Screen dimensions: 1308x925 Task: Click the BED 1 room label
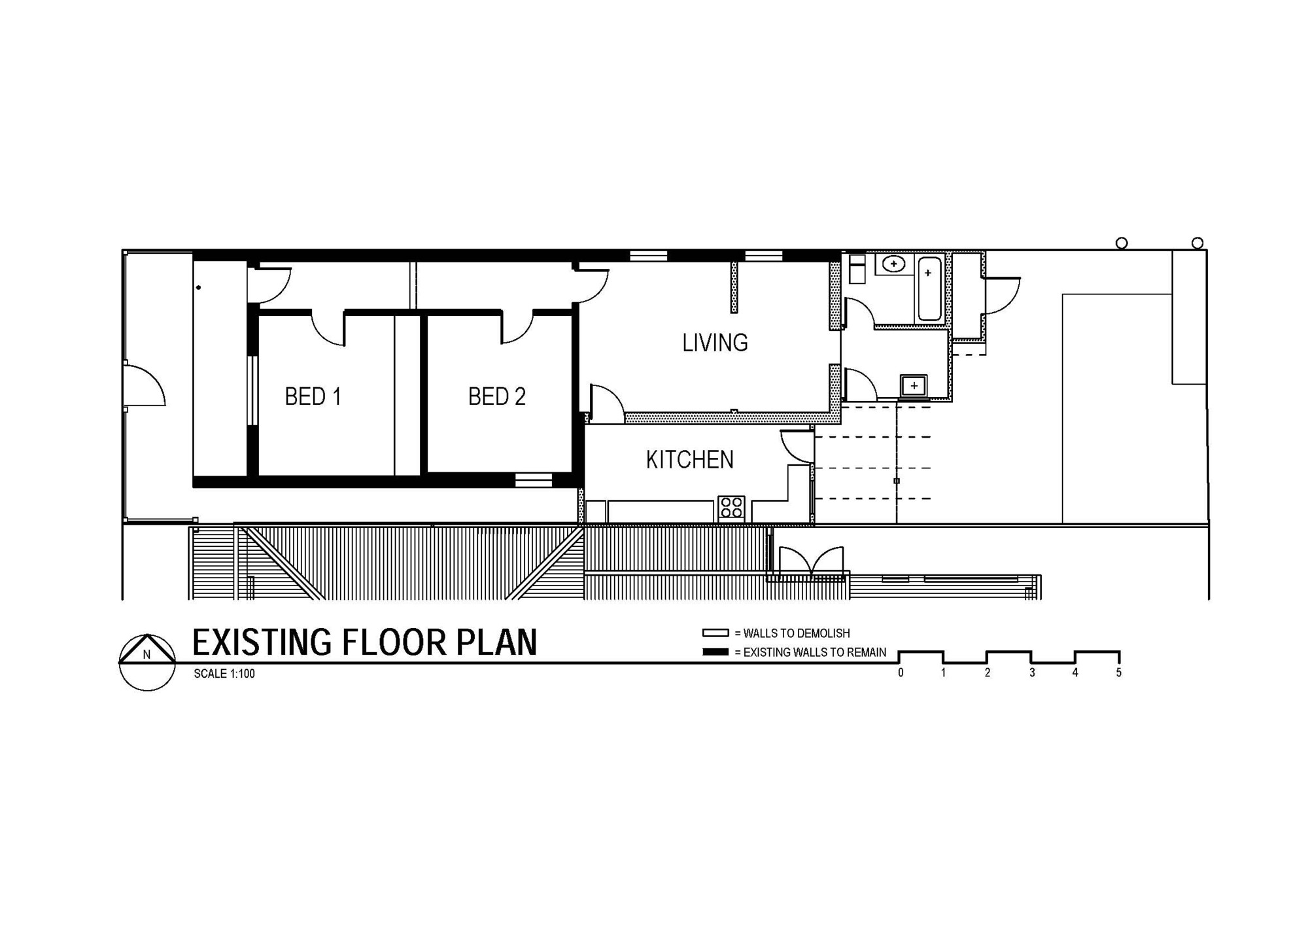pyautogui.click(x=313, y=396)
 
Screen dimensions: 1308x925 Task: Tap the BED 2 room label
pyautogui.click(x=497, y=396)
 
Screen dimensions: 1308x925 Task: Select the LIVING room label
pyautogui.click(x=715, y=343)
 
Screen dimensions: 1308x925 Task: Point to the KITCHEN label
pyautogui.click(x=690, y=460)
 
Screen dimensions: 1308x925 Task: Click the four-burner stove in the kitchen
pyautogui.click(x=731, y=508)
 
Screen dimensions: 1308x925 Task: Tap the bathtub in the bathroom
pyautogui.click(x=929, y=288)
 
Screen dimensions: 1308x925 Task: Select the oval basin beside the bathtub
pyautogui.click(x=893, y=264)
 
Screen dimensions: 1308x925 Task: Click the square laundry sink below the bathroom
pyautogui.click(x=914, y=385)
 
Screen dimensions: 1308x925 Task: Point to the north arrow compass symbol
pyautogui.click(x=147, y=662)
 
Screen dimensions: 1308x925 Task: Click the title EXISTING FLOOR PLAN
pyautogui.click(x=364, y=642)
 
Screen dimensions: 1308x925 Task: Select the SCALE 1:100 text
pyautogui.click(x=224, y=674)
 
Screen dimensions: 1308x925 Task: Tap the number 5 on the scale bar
pyautogui.click(x=1119, y=672)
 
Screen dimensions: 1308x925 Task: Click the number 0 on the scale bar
pyautogui.click(x=901, y=672)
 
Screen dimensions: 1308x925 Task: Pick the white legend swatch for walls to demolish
pyautogui.click(x=715, y=633)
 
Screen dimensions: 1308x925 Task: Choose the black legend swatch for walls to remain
pyautogui.click(x=715, y=652)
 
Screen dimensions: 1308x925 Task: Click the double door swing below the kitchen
pyautogui.click(x=811, y=561)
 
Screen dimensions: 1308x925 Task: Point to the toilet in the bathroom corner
pyautogui.click(x=857, y=269)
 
